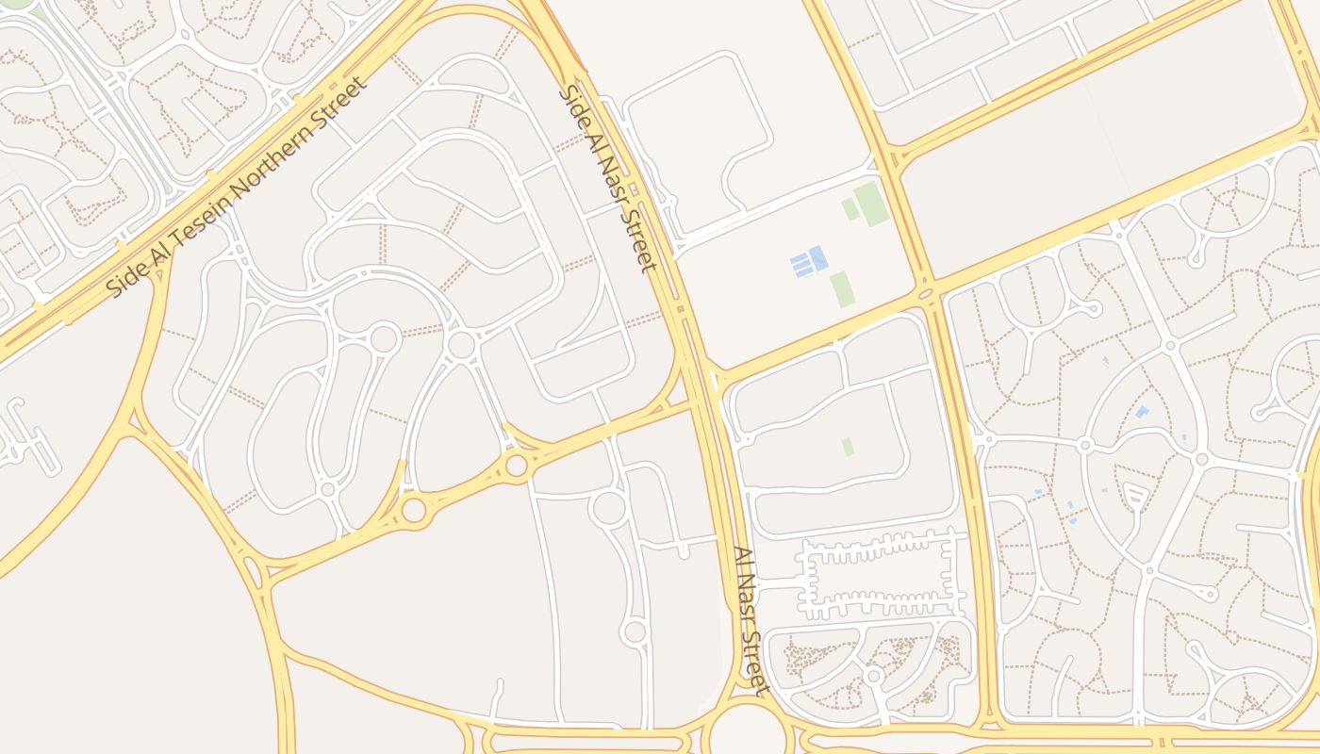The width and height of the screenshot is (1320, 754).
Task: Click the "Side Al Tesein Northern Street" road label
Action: pyautogui.click(x=236, y=187)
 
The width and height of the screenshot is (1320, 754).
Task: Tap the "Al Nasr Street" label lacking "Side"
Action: pyautogui.click(x=752, y=620)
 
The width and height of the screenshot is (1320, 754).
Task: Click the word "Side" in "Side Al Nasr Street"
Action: pyautogui.click(x=574, y=106)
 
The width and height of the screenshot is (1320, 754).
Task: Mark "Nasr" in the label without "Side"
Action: pyautogui.click(x=751, y=619)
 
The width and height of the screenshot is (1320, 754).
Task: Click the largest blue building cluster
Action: pyautogui.click(x=809, y=262)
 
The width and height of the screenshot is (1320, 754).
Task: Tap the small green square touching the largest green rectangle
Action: pyautogui.click(x=850, y=209)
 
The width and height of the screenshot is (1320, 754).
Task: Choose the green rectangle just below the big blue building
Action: pyautogui.click(x=842, y=289)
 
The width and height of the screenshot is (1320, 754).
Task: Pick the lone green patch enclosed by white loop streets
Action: pyautogui.click(x=848, y=447)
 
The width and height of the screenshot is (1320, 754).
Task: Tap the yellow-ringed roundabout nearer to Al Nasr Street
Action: pyautogui.click(x=516, y=466)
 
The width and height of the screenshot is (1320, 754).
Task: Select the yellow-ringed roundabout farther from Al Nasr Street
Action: pyautogui.click(x=414, y=510)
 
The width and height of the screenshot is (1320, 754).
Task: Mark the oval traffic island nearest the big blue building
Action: pyautogui.click(x=925, y=294)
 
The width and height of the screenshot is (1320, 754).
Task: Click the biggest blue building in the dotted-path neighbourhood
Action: pyautogui.click(x=1142, y=412)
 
